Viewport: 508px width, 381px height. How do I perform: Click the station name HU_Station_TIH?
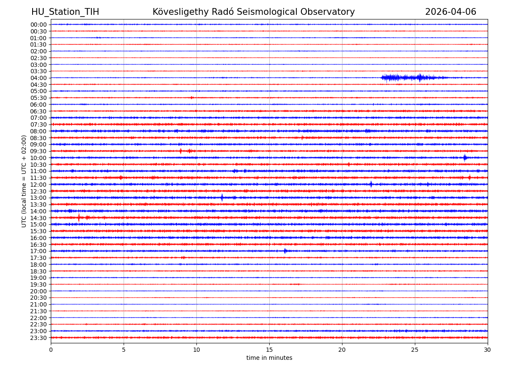(65, 12)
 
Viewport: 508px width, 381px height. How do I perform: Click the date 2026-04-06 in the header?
(450, 12)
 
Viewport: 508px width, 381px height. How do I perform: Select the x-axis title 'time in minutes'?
(269, 358)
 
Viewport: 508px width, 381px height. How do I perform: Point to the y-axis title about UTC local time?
(24, 181)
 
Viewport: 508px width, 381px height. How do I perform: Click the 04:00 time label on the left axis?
(39, 78)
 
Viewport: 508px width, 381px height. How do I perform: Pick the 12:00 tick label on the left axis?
(39, 185)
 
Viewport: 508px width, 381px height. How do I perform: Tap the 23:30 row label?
(39, 338)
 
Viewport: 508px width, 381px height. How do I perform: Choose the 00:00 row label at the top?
(39, 25)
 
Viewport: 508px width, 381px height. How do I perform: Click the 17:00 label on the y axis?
(39, 251)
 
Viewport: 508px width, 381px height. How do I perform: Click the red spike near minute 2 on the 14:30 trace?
(79, 218)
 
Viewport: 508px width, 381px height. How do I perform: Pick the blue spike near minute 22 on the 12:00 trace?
(371, 184)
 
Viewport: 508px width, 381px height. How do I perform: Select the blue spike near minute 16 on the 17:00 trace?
(285, 251)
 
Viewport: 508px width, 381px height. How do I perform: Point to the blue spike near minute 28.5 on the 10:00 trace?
(465, 157)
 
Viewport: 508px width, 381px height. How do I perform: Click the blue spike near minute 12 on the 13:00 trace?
(221, 197)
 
